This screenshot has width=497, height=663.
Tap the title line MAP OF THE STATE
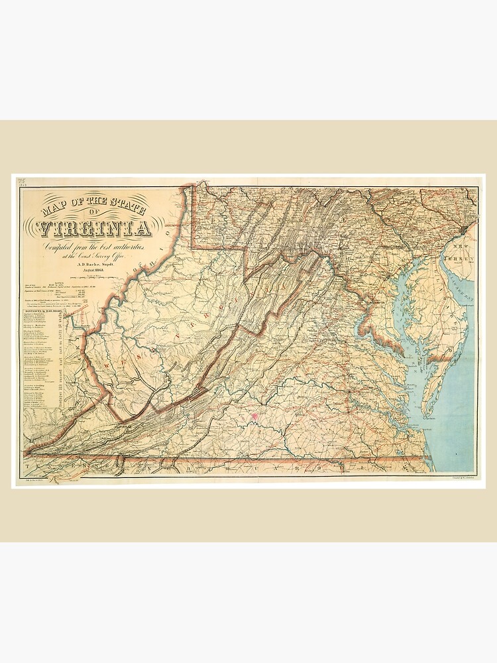tap(93, 201)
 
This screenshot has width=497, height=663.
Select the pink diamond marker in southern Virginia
tap(253, 417)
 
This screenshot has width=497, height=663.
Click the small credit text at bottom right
tap(456, 476)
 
